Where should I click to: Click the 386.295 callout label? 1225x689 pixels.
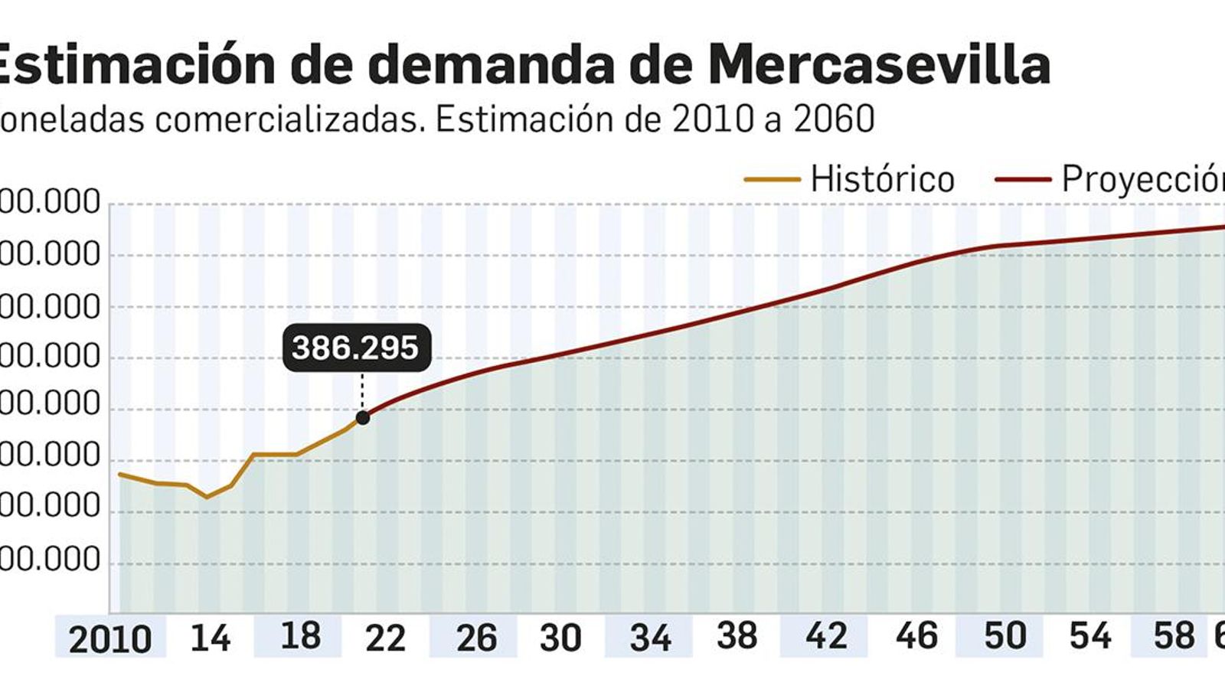(356, 348)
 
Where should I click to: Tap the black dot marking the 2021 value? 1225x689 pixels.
(363, 418)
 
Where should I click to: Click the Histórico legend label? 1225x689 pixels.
(882, 180)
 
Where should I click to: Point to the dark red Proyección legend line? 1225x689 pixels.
(1023, 180)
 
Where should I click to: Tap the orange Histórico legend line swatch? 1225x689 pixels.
(772, 180)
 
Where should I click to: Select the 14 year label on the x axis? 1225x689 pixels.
(210, 638)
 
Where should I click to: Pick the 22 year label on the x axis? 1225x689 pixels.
(384, 638)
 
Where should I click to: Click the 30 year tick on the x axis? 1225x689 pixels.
(560, 638)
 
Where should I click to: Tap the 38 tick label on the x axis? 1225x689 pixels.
(737, 636)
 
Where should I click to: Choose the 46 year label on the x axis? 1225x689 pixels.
(916, 636)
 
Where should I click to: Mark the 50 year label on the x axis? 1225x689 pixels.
(1004, 636)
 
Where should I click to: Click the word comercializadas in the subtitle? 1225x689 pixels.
(289, 119)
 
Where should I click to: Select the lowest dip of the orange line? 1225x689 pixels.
(207, 497)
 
